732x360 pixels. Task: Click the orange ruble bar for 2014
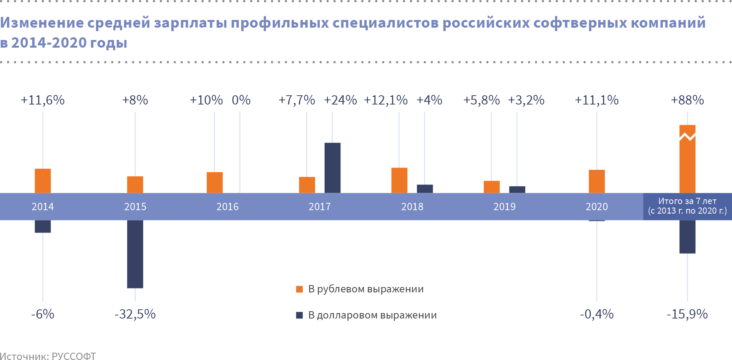pos(43,181)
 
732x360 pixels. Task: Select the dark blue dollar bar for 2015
pos(135,254)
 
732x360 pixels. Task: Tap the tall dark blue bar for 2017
pos(332,168)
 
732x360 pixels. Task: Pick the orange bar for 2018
pos(399,180)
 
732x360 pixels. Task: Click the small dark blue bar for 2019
pos(517,189)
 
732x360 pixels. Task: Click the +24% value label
pos(340,100)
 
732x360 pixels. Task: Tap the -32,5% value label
pos(135,314)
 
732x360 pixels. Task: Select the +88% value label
pos(687,100)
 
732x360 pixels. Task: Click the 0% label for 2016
pos(241,100)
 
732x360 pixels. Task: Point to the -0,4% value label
pos(596,314)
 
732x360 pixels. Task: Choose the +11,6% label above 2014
pos(43,100)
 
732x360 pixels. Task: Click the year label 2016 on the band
pos(227,207)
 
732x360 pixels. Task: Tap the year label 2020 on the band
pos(596,207)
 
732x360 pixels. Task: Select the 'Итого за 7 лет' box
pos(687,206)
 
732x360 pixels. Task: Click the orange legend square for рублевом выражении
pos(299,289)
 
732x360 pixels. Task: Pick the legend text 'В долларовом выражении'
pos(372,315)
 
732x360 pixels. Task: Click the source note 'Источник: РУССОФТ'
pos(48,356)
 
